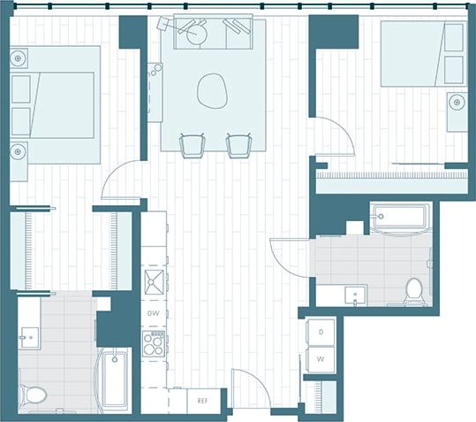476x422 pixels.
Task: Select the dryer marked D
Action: click(321, 332)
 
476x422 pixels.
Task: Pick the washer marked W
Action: click(321, 360)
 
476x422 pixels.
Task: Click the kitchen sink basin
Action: click(155, 282)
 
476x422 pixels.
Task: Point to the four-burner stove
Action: click(154, 344)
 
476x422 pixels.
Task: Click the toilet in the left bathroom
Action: click(35, 394)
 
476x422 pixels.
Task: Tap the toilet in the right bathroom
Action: click(414, 291)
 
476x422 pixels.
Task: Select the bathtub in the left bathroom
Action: click(115, 380)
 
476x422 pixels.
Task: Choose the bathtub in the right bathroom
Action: click(400, 217)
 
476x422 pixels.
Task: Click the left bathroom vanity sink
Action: click(28, 336)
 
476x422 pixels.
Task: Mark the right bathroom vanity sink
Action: click(354, 294)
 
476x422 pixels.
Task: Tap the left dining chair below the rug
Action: click(192, 145)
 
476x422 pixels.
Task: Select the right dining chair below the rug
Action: click(238, 145)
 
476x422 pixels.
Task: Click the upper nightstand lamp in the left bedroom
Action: click(19, 59)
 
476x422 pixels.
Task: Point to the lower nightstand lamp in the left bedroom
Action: click(19, 151)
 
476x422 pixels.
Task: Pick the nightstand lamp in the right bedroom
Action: click(457, 103)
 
